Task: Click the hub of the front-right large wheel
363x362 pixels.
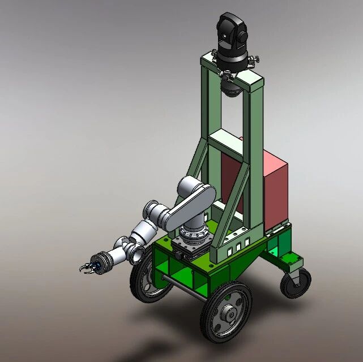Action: (x=228, y=312)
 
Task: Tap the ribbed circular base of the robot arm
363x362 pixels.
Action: (x=194, y=232)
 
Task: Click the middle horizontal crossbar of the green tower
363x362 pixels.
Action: (x=224, y=141)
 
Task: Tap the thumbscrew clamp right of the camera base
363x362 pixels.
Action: (x=256, y=59)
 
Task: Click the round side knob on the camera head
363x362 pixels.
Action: (x=244, y=37)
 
